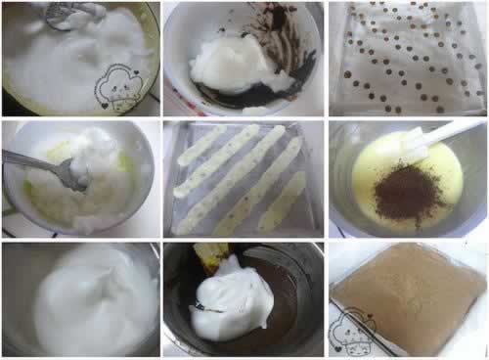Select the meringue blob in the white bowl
coord(230,64)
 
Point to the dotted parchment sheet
coord(406,59)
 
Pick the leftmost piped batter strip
coord(200,147)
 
